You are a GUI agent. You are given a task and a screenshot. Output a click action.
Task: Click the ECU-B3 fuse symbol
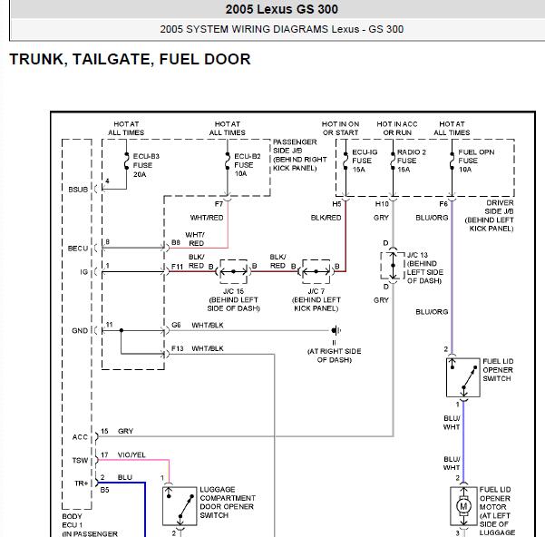[x=127, y=161]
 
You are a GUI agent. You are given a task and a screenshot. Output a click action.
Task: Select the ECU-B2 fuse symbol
[x=228, y=161]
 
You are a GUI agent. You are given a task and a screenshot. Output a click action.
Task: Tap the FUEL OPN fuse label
[x=476, y=161]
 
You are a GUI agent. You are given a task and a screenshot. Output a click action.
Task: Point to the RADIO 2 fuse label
[x=411, y=161]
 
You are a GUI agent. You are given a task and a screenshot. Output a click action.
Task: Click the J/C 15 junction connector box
[x=234, y=271]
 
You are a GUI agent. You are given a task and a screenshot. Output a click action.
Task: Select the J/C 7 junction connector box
[x=316, y=271]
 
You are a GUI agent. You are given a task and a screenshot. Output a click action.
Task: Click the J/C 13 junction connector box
[x=393, y=266]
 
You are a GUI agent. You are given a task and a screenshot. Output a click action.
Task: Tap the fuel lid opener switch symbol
[x=463, y=377]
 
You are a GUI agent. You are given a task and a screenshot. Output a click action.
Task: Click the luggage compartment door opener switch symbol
[x=180, y=506]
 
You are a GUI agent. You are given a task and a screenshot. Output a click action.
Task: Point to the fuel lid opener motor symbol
[x=463, y=506]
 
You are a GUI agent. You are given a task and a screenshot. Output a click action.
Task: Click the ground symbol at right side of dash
[x=336, y=330]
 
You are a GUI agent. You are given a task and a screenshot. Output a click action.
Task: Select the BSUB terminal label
[x=78, y=190]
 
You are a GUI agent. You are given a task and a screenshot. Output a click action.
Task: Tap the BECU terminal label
[x=78, y=249]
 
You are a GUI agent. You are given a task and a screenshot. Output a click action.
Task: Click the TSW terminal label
[x=80, y=460]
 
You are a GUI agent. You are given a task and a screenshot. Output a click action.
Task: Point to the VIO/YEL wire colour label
[x=131, y=454]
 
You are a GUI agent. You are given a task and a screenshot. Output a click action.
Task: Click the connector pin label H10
[x=382, y=204]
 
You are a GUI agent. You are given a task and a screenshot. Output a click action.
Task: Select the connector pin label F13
[x=177, y=348]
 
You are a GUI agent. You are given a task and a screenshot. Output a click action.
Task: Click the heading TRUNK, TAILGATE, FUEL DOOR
[x=130, y=59]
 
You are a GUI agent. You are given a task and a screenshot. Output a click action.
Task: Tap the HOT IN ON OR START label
[x=340, y=128]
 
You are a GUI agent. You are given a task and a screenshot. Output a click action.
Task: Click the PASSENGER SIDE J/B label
[x=300, y=155]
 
